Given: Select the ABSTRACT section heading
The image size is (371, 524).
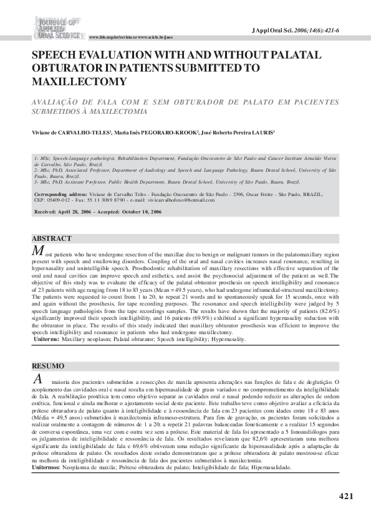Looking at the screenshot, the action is coord(52,238).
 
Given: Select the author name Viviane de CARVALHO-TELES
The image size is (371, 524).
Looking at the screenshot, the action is coord(72,133).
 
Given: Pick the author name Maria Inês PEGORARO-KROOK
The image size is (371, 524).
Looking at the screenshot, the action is coord(156,133).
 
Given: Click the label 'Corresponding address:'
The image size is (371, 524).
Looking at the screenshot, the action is coord(59,194).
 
